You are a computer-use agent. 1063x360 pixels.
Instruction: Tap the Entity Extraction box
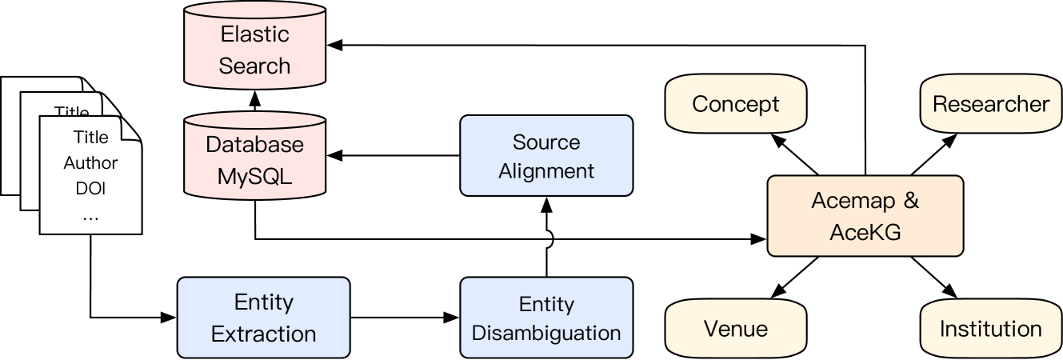(263, 318)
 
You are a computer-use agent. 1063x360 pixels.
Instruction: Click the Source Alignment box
(546, 156)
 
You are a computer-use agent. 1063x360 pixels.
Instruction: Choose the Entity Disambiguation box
(546, 318)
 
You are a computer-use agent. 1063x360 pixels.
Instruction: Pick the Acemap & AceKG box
(865, 216)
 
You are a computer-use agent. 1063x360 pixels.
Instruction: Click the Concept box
(735, 104)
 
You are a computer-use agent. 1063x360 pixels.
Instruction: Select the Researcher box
(990, 104)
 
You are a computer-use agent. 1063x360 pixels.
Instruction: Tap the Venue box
(735, 329)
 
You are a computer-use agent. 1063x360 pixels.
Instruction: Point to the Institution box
(990, 329)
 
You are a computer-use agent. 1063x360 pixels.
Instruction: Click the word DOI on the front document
(90, 189)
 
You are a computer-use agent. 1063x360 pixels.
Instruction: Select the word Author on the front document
(90, 163)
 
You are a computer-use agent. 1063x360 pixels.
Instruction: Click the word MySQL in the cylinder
(254, 176)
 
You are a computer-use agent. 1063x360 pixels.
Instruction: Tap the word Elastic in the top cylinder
(254, 34)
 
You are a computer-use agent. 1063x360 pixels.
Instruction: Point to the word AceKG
(865, 232)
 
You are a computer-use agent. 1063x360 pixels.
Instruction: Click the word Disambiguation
(546, 333)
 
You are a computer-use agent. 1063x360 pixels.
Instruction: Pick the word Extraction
(263, 334)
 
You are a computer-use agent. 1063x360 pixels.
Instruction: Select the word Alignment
(546, 171)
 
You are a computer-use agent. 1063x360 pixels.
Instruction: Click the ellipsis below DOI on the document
(90, 217)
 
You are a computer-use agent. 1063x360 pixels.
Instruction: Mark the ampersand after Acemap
(911, 201)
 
